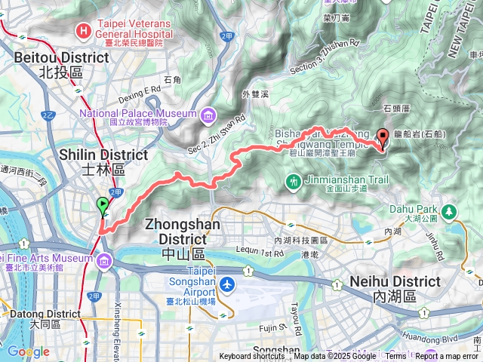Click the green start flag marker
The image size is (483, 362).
click(x=103, y=204)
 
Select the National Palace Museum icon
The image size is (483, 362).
click(x=206, y=115)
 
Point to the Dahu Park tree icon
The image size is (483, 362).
click(x=450, y=212)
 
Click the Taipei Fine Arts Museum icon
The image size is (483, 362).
click(x=103, y=261)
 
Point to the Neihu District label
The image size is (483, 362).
click(x=395, y=289)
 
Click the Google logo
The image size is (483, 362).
click(x=28, y=351)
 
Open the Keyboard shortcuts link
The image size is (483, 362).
click(x=253, y=357)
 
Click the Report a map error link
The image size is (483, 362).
click(x=448, y=357)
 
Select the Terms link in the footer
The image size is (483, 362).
click(x=395, y=357)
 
